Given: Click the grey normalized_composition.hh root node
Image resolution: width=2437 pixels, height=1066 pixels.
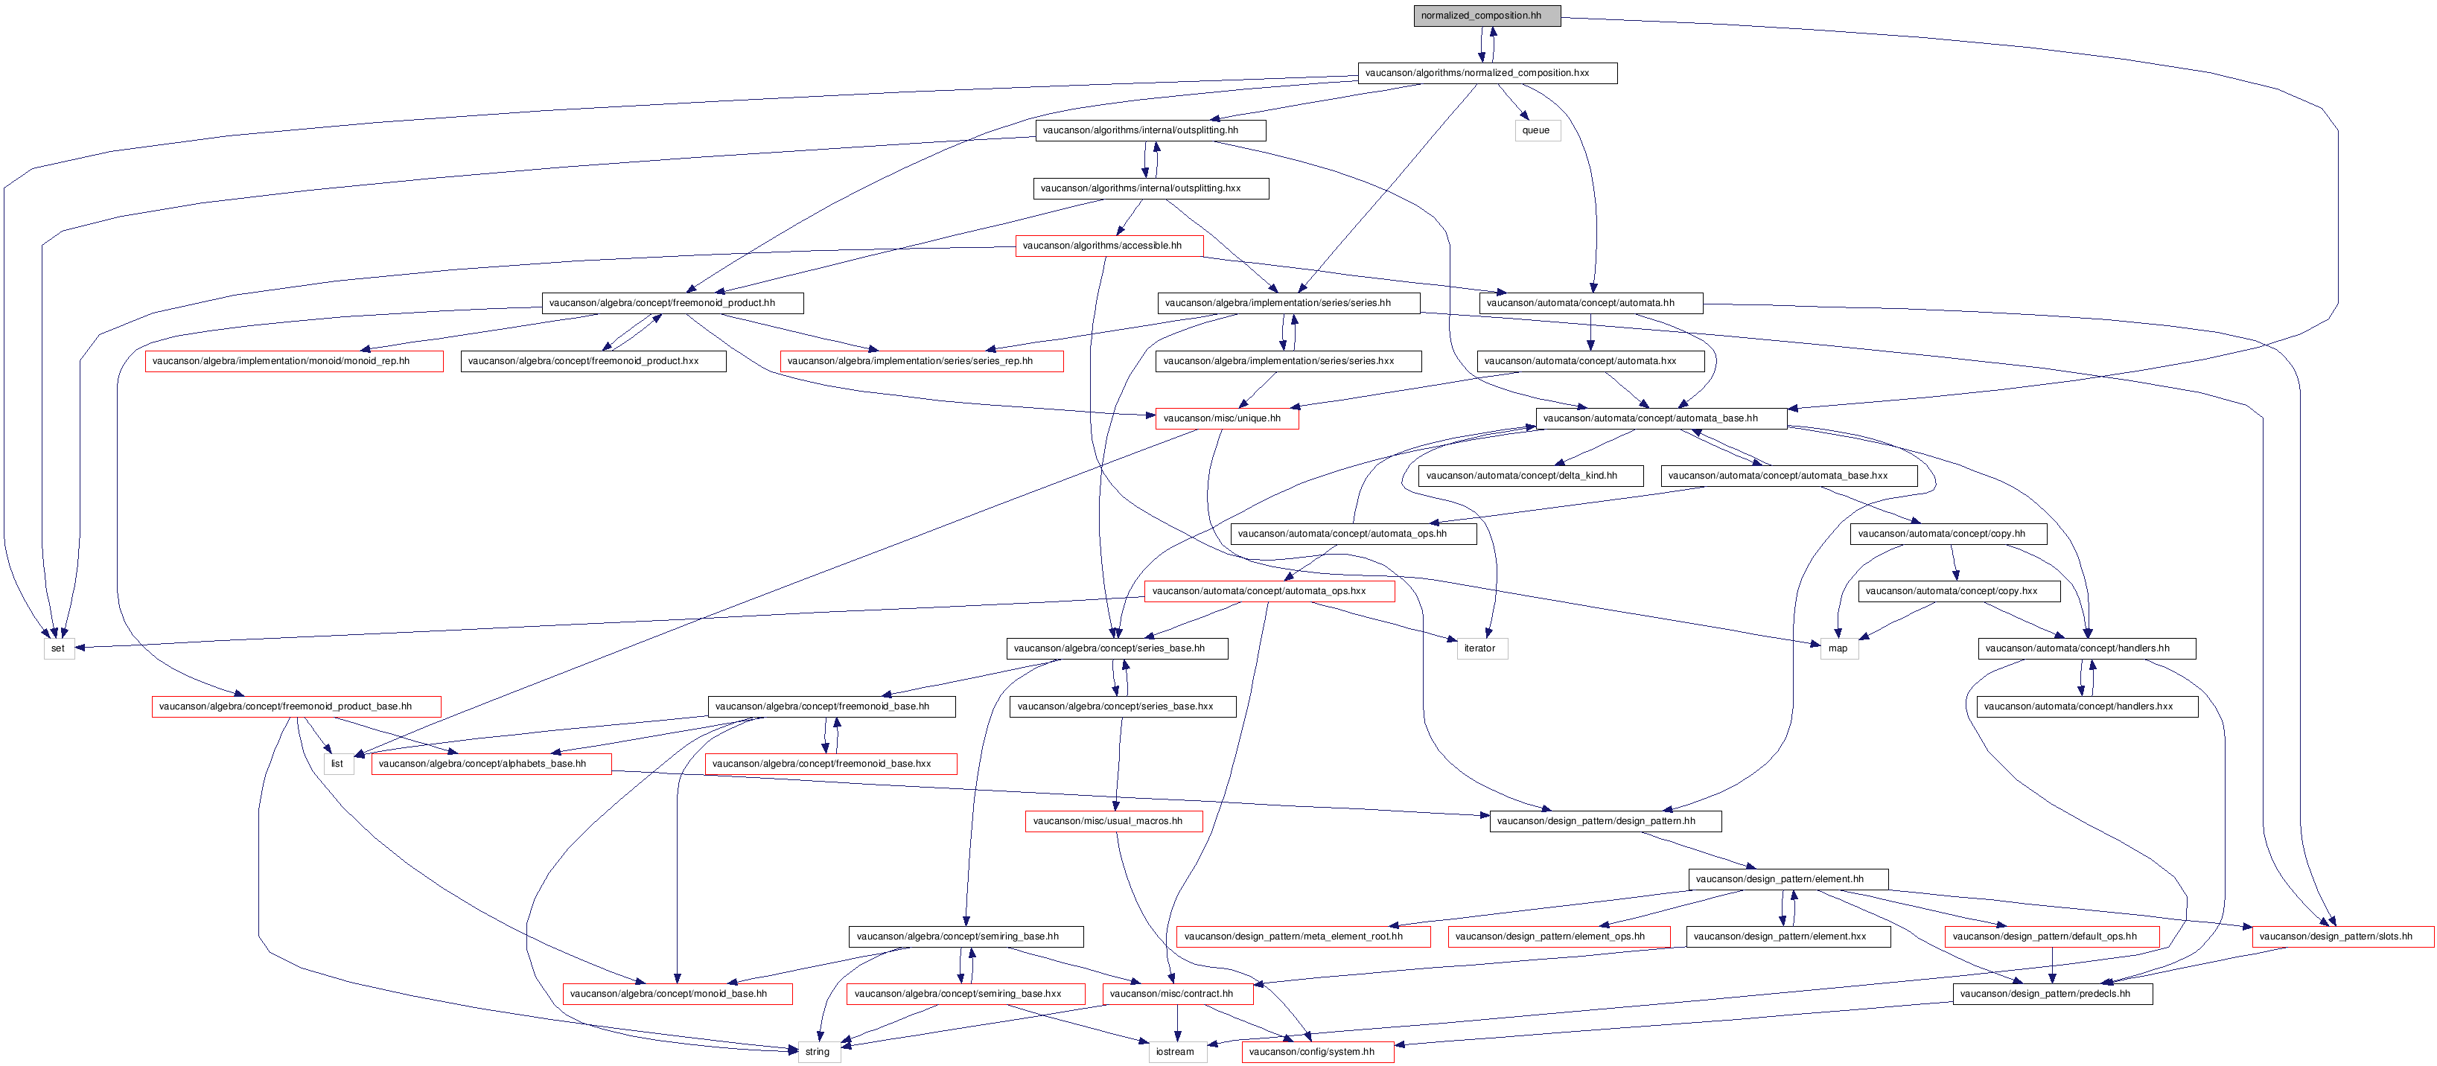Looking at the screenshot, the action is tap(1486, 15).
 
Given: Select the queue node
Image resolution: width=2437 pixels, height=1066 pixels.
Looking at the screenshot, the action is tap(1536, 130).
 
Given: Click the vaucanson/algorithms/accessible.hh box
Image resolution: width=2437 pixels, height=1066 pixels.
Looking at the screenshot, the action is tap(1109, 246).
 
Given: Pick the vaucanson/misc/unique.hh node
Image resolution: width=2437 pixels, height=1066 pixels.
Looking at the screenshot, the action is tap(1226, 418).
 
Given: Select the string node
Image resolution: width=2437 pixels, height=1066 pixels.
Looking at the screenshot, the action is tap(818, 1052).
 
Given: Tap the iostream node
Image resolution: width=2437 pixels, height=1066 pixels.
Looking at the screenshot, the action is tap(1176, 1052).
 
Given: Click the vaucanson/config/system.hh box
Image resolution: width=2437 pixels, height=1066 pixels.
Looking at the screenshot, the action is tap(1317, 1052).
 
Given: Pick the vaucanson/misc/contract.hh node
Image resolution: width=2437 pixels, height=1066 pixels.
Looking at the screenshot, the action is tap(1177, 994).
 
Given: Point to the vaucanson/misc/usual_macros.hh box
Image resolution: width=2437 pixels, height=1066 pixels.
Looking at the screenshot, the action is tap(1113, 821).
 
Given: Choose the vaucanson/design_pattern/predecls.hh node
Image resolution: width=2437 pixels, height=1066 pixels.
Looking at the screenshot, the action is tap(2052, 994).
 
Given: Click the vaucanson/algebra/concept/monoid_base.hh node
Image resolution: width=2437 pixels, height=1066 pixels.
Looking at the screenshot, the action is tap(678, 994).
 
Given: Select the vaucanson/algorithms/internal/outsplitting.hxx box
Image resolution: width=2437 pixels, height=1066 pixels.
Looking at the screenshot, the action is tap(1150, 188).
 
